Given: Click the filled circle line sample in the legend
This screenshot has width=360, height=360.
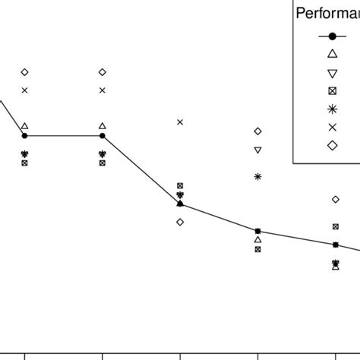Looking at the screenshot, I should point(332,36).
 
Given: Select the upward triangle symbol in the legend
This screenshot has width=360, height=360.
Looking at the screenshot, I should point(332,54).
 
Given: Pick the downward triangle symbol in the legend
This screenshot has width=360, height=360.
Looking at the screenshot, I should point(332,73).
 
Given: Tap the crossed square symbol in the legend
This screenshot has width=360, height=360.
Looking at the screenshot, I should point(332,91).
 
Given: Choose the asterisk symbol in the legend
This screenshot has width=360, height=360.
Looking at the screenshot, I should point(332,109).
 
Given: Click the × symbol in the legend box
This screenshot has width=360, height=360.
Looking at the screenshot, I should point(332,128).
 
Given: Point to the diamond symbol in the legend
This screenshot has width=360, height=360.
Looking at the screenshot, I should point(332,146).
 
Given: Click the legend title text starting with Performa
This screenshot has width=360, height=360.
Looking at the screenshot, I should point(327,13).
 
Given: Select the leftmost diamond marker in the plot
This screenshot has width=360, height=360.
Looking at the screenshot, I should point(24,72).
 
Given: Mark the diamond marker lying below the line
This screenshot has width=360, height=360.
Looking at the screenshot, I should point(180,222).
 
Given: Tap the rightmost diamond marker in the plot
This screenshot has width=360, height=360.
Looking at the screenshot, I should point(336,199).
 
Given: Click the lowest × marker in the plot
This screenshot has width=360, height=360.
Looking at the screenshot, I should point(180,122).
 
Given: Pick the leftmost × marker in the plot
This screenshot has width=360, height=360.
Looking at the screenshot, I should point(24,90).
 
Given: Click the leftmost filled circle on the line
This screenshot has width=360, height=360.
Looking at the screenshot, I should point(24,136).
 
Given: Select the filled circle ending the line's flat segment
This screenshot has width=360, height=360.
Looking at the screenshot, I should point(103,136).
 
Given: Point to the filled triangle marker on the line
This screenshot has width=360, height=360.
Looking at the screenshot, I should point(180,203).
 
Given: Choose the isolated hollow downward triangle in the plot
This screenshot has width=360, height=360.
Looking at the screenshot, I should point(257,150).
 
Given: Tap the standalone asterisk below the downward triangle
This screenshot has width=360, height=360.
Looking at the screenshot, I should point(257,177).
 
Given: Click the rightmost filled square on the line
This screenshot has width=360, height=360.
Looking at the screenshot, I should point(336,245).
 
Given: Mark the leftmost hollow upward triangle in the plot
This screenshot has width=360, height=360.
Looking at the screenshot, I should point(24,126).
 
